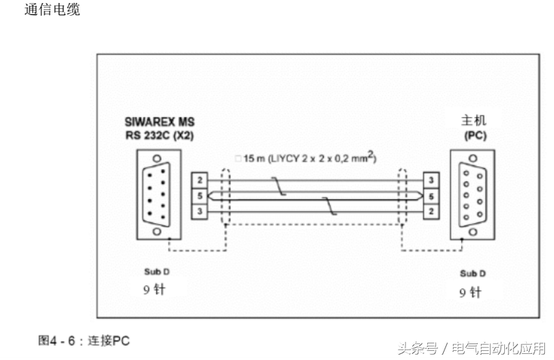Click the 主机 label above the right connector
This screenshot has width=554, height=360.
coord(473,121)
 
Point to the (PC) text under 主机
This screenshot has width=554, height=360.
coord(473,136)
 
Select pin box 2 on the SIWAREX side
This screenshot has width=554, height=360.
coord(199,181)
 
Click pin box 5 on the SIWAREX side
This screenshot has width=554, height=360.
coord(199,195)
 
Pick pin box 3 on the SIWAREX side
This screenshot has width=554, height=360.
coord(199,211)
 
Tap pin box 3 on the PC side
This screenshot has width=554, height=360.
coord(429,181)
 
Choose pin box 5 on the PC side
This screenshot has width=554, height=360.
coord(429,195)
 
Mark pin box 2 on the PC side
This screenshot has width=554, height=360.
coord(429,211)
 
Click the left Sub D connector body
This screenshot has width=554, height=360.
coord(155,195)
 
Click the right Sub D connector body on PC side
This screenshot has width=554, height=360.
coord(472,195)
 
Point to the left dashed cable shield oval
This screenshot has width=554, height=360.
coord(223,196)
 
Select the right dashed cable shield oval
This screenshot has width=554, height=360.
coord(402,196)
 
